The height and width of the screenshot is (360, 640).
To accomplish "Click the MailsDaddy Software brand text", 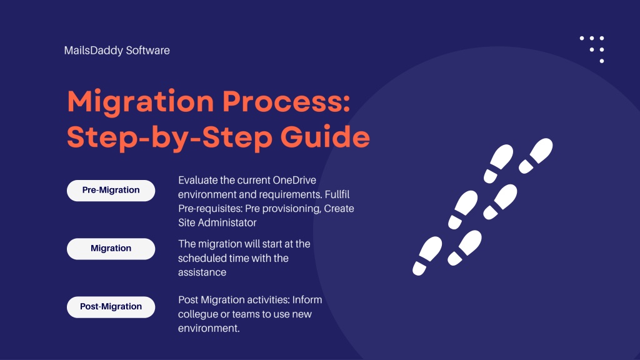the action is coord(117,50).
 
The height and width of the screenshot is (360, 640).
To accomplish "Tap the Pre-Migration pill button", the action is coord(111,190).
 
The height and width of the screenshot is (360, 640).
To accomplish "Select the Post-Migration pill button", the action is coord(111,306).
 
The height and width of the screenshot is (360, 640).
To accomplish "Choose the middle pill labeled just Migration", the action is coord(111,249).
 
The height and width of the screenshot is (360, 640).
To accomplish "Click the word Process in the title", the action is coord(286,102).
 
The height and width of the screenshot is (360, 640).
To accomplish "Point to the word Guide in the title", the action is coord(325,136).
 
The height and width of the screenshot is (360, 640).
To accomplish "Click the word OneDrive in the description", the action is coord(294,180).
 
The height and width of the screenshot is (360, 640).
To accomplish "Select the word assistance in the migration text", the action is coord(202,272).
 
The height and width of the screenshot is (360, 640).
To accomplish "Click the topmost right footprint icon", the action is coord(536,156).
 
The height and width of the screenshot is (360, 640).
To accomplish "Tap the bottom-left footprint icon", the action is coord(427,256).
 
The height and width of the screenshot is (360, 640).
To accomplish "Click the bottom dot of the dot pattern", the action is coord(602,61).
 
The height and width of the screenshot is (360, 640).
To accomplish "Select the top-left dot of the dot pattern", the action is coord(582,38).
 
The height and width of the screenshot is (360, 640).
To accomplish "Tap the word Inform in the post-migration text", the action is coord(307,300).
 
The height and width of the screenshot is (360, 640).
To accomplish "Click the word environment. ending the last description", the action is coord(209,328).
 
